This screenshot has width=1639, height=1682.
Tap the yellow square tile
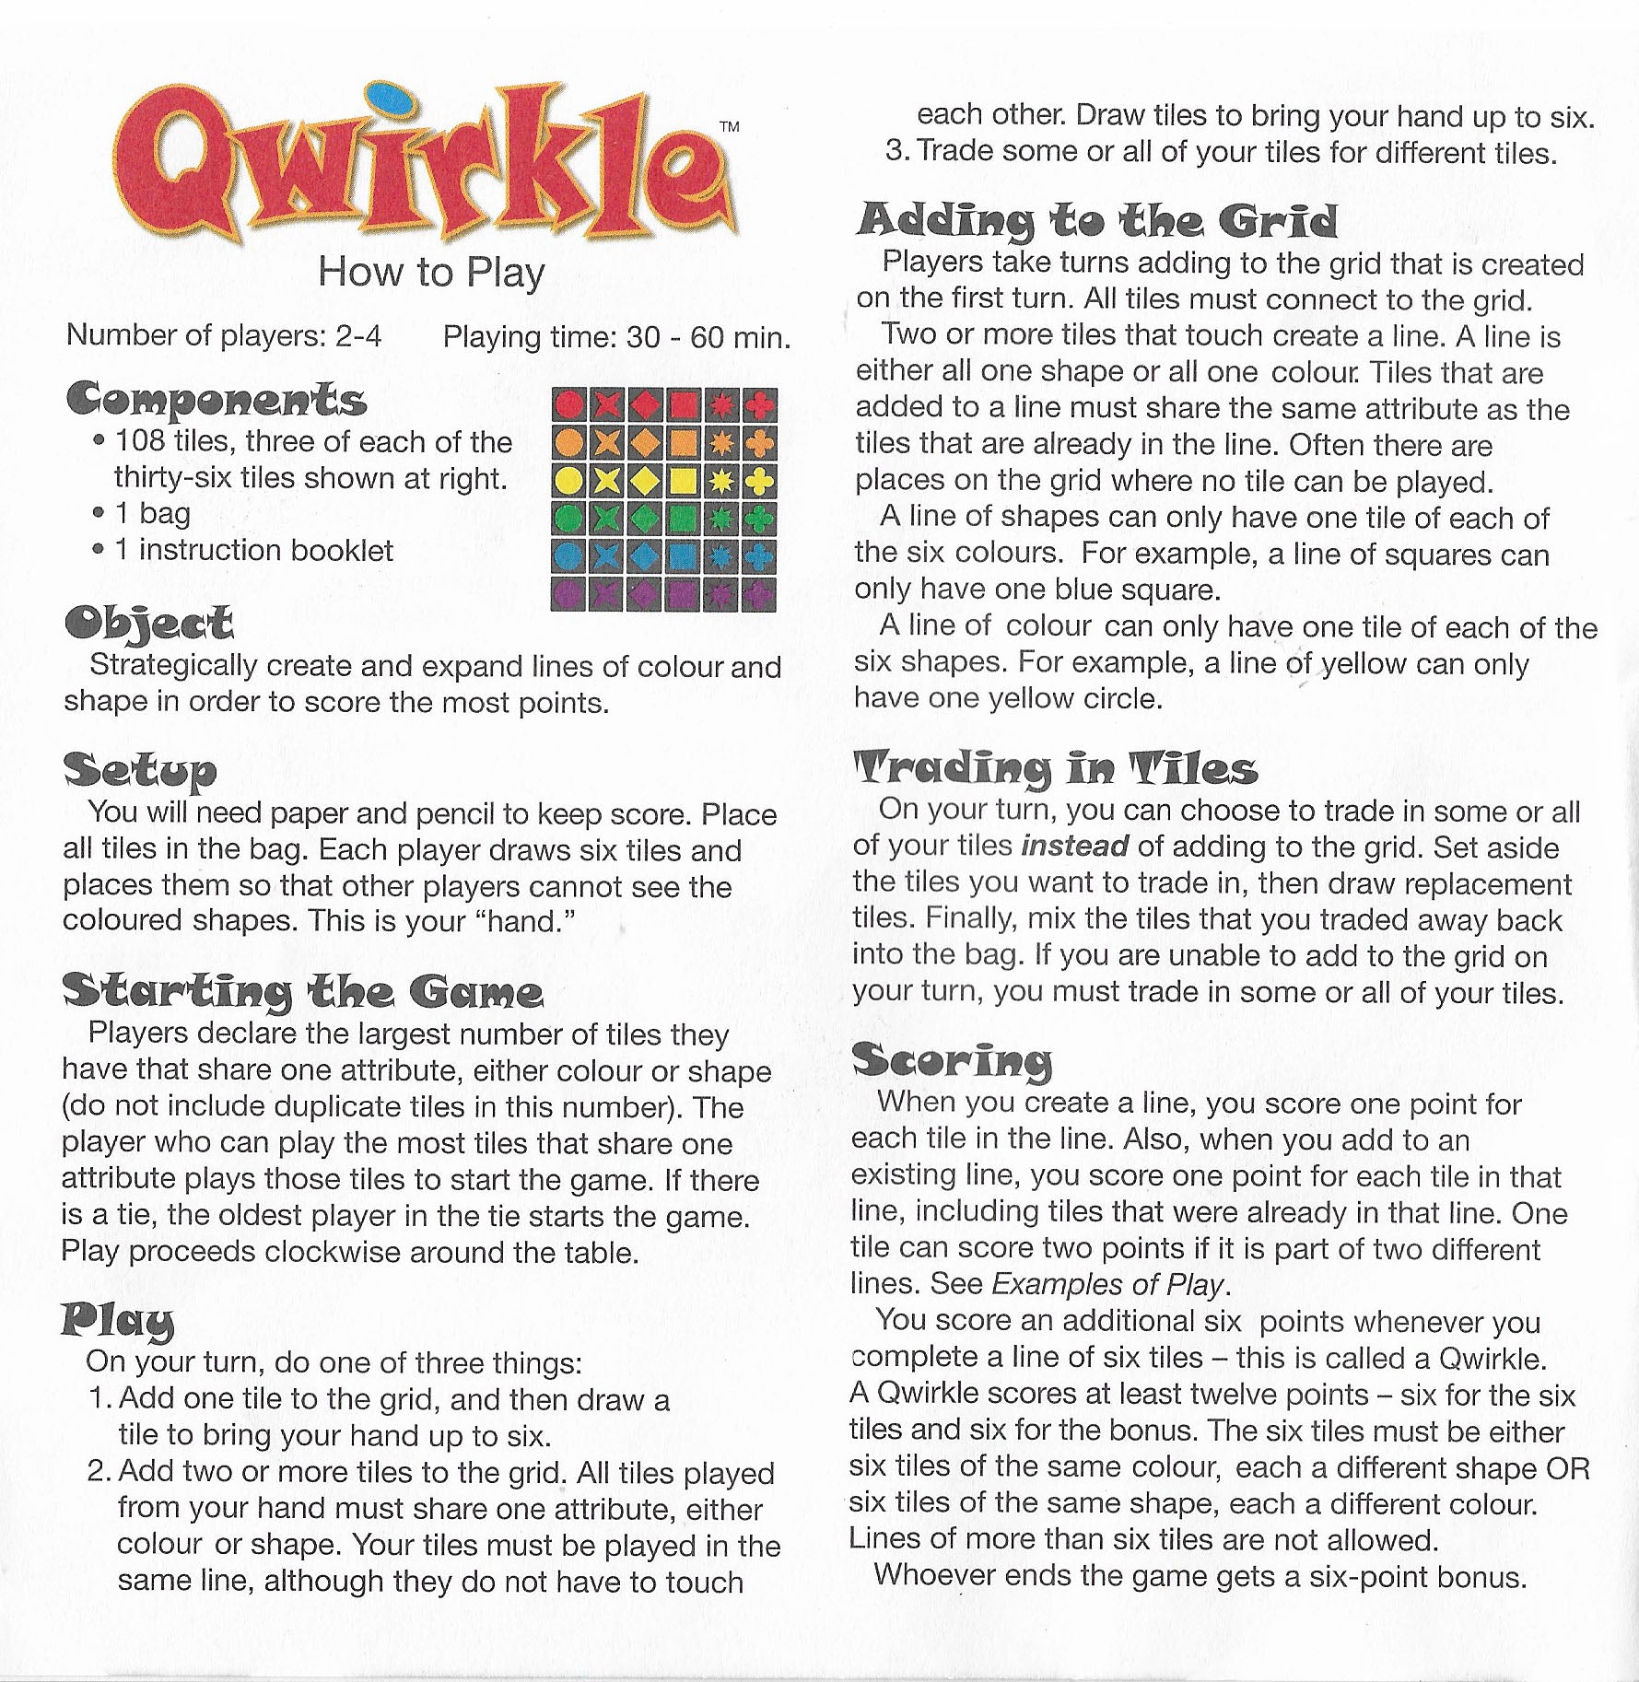tap(684, 481)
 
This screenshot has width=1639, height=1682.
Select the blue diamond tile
tap(646, 556)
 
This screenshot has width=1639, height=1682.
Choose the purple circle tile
tap(570, 594)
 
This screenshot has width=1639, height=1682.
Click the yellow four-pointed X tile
tap(608, 481)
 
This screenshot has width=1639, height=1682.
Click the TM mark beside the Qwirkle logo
tap(728, 128)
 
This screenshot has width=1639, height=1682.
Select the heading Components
tap(217, 400)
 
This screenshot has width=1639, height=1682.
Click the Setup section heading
tap(140, 769)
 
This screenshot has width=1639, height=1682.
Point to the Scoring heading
tap(952, 1060)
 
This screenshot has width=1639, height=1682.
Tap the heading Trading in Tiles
tap(1056, 768)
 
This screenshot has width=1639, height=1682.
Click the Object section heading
tap(148, 625)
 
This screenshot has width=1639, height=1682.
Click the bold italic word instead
tap(1075, 847)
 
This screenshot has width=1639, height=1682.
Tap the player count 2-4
tap(358, 335)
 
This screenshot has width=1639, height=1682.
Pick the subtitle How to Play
tap(431, 273)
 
